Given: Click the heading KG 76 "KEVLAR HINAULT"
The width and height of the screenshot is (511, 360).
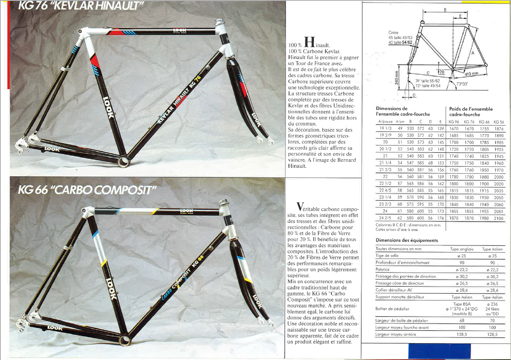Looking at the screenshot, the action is coord(81,6).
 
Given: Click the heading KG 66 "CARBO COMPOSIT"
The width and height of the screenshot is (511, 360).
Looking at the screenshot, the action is coord(87,190).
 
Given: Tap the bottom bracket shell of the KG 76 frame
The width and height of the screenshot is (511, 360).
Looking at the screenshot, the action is coord(124,161).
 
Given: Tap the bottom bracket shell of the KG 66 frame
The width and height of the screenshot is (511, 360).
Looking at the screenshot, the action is coord(125,340).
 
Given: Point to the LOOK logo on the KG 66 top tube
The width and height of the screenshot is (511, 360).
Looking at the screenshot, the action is coord(186,211).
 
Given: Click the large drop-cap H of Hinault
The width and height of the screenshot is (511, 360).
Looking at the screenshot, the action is coord(310,42).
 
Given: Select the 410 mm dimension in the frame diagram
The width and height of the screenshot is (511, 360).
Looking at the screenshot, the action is coord(471,73).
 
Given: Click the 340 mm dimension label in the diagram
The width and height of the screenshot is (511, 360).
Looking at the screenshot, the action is coord(396,78).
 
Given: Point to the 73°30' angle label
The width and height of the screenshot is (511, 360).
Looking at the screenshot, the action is coord(462,84).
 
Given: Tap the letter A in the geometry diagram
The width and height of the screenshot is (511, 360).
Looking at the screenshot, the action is coord(473,53).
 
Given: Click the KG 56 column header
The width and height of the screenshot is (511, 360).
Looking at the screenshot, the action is coord(499,122).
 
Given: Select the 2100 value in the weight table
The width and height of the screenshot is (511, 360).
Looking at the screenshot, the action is coord(498,218).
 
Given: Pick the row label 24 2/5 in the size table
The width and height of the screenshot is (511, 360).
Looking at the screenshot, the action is coord(385,218).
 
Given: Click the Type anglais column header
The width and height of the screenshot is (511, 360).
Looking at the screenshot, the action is coord(462,249).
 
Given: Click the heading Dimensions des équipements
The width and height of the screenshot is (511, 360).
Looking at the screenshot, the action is coord(407,240).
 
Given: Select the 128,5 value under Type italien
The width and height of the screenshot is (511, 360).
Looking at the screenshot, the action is coord(492,334).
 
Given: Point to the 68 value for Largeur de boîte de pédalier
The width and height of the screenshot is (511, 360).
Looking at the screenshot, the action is coord(462,321).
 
